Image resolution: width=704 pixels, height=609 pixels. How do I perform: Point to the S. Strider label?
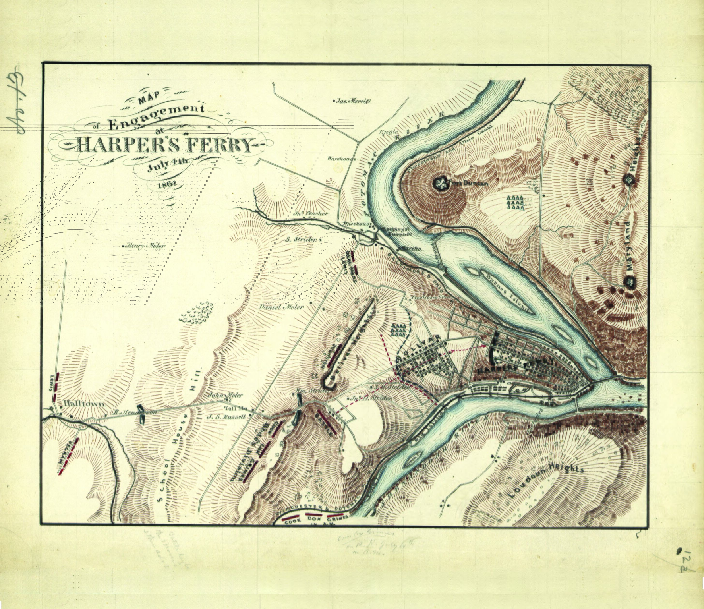pyautogui.click(x=301, y=239)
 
